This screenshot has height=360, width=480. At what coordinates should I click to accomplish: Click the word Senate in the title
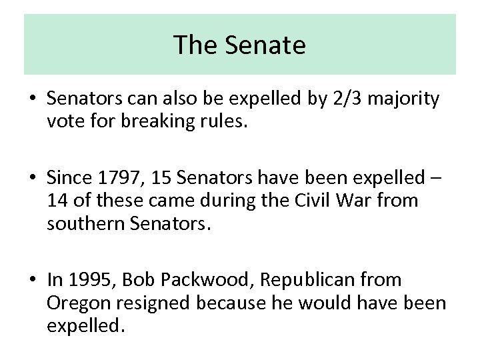tap(265, 45)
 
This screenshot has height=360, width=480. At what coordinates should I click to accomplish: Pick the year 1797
tap(114, 178)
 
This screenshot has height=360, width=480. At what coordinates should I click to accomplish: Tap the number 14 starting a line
tap(57, 201)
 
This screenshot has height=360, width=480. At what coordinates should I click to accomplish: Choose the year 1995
tap(85, 279)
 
